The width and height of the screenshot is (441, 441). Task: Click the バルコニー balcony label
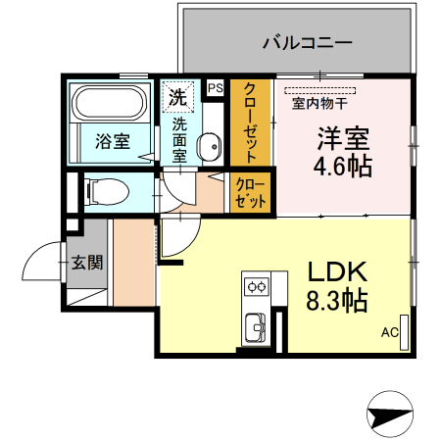click(x=307, y=43)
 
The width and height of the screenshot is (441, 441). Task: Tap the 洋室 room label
click(x=341, y=137)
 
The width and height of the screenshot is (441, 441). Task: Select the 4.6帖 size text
click(x=342, y=167)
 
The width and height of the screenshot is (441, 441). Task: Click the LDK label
click(x=337, y=271)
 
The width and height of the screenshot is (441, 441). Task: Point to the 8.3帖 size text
click(x=338, y=301)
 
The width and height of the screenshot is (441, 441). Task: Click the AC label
click(x=389, y=332)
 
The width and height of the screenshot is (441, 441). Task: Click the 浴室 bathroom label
click(x=111, y=141)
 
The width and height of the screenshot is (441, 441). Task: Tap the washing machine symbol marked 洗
click(x=177, y=96)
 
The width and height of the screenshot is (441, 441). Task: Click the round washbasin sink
click(x=209, y=147)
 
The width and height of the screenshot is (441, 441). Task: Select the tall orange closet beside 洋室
click(x=251, y=122)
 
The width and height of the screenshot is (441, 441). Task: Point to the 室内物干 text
click(x=315, y=101)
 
